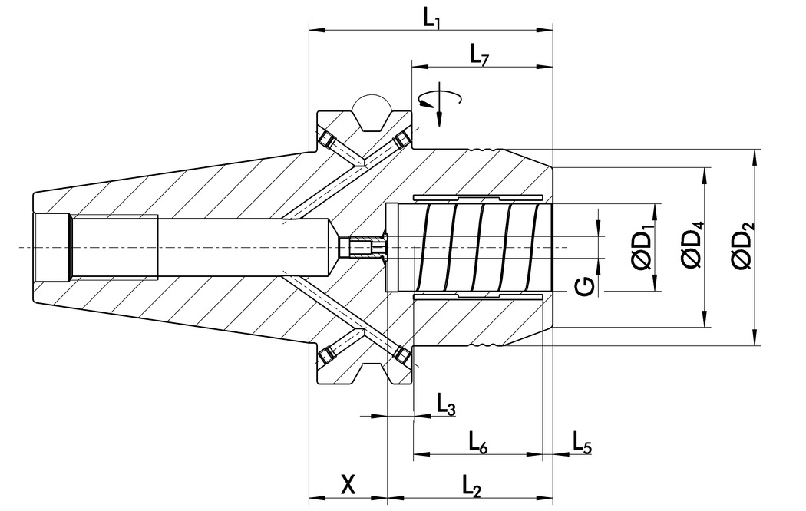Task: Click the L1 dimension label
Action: (431, 18)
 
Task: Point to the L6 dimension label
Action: (478, 441)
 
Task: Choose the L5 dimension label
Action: (582, 441)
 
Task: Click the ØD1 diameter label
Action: (642, 247)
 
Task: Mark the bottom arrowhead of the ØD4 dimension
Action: (705, 322)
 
